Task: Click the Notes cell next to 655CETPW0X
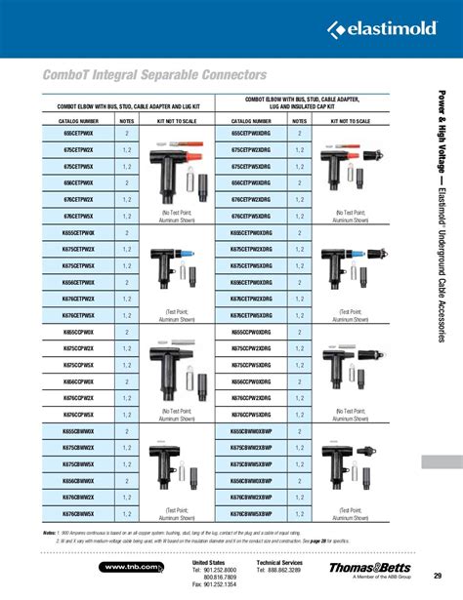point(127,133)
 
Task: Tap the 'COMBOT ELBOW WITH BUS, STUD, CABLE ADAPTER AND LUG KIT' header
point(107,105)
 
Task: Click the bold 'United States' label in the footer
point(208,563)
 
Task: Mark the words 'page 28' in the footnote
point(326,540)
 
